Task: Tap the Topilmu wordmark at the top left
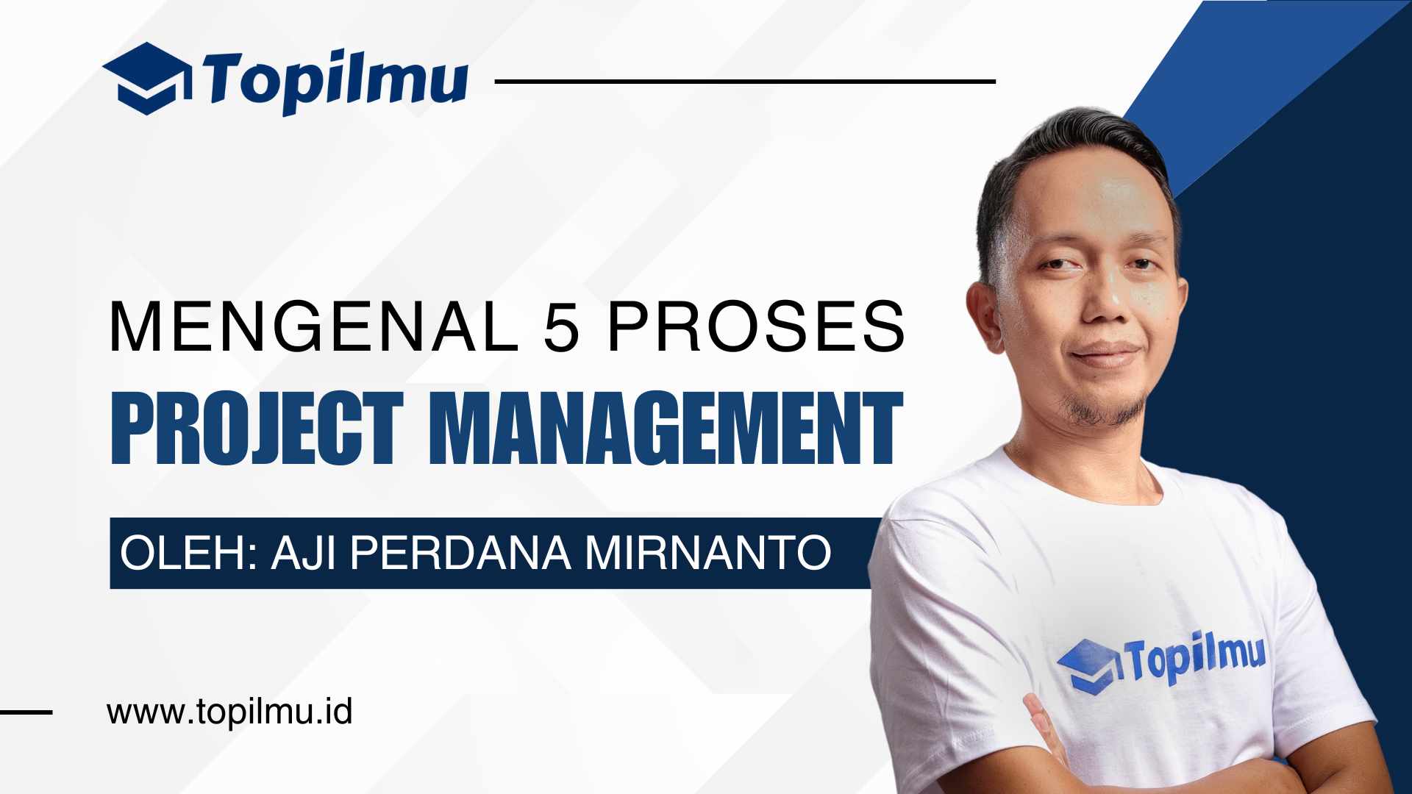click(x=335, y=79)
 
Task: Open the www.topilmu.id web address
click(x=229, y=712)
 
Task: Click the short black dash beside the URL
click(x=26, y=712)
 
